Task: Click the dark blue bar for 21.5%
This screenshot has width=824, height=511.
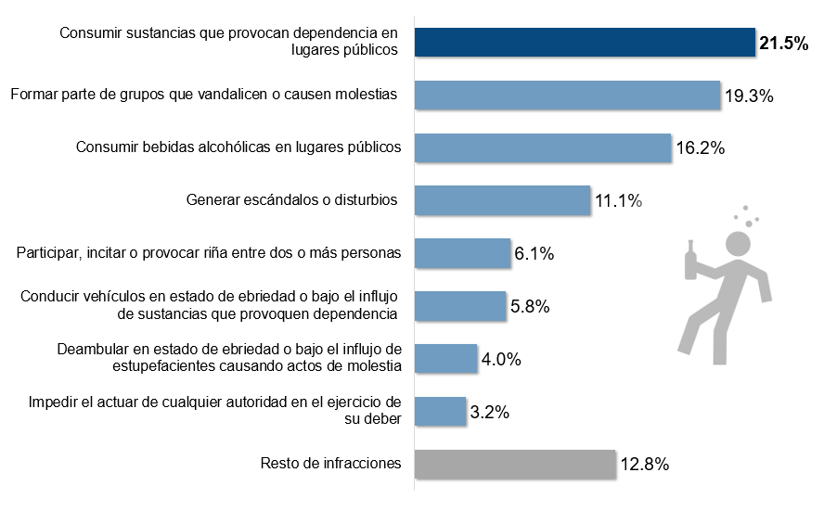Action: tap(585, 42)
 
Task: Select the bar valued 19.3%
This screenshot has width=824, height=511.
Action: tap(567, 95)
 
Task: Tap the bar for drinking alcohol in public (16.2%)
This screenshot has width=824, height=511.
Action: tap(542, 147)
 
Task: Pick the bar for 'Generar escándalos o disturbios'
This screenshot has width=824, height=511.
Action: tap(502, 199)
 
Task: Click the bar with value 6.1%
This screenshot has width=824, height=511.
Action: tap(462, 252)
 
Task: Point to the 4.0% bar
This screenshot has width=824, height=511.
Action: tap(445, 357)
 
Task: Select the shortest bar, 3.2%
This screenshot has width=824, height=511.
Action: tap(440, 410)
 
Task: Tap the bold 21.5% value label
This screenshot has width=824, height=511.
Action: tap(785, 44)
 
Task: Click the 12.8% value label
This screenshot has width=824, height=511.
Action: tap(645, 465)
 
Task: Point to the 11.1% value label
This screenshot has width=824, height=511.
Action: tap(619, 201)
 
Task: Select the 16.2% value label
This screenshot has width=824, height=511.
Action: tap(700, 148)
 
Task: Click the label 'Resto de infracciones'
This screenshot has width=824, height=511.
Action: tap(331, 463)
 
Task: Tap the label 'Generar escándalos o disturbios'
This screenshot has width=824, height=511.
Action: tap(292, 199)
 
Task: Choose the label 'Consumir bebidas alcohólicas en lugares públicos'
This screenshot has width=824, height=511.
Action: tap(238, 147)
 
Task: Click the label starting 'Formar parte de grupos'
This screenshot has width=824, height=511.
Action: tap(203, 94)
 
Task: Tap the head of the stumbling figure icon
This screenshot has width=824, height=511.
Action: tap(738, 244)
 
